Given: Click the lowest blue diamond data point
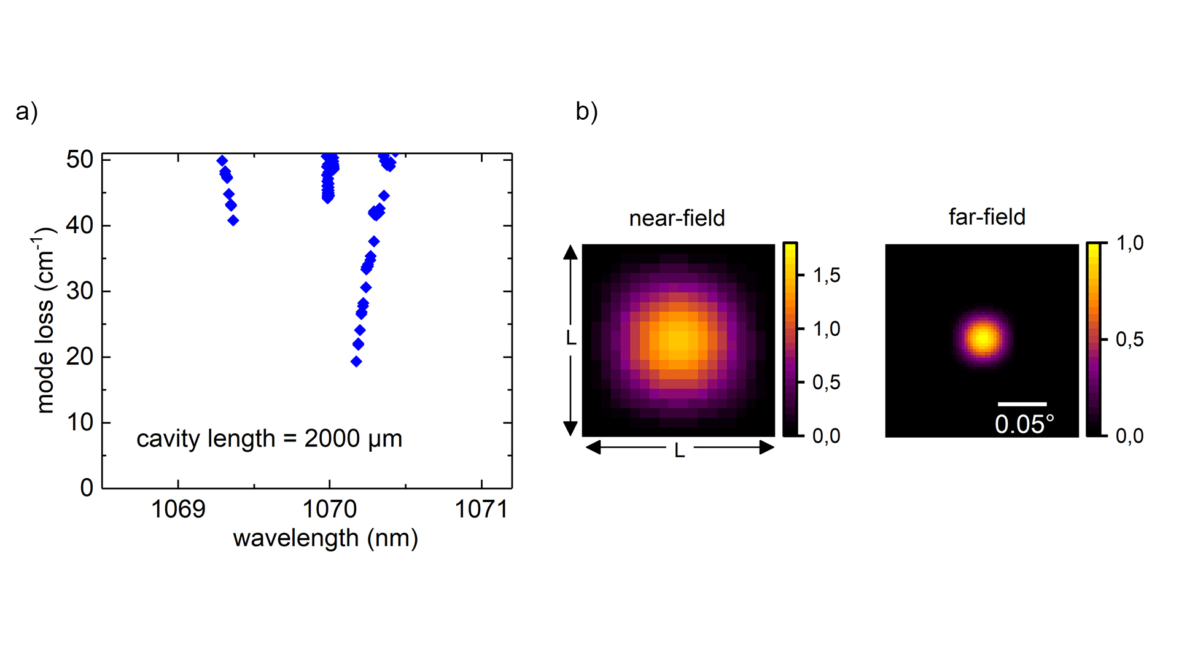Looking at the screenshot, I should [x=356, y=362].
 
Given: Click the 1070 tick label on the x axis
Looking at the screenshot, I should [x=330, y=510].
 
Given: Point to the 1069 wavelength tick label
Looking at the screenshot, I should [x=178, y=510].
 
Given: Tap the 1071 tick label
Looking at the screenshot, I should [x=481, y=510].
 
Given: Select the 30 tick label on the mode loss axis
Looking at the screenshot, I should [x=80, y=291].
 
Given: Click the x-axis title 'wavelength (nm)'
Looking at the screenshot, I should [x=325, y=538].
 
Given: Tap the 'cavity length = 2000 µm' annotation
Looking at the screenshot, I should [x=269, y=439].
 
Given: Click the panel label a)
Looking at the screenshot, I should [x=27, y=112].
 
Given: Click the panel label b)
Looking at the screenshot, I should [x=586, y=112].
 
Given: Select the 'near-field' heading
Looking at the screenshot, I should [x=677, y=219].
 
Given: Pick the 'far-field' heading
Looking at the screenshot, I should [x=987, y=217].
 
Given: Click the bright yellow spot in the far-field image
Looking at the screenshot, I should [x=983, y=338].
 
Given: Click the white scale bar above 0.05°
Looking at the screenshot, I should [x=1022, y=404].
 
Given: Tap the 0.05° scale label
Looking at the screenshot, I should [x=1024, y=424].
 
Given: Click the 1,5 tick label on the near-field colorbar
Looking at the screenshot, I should [x=827, y=276].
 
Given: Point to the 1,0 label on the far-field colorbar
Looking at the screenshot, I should [x=1130, y=244].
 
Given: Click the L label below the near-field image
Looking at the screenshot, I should [x=679, y=451].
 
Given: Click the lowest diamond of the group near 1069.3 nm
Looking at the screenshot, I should [x=233, y=220].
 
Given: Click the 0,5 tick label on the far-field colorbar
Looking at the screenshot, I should [x=1130, y=339].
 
